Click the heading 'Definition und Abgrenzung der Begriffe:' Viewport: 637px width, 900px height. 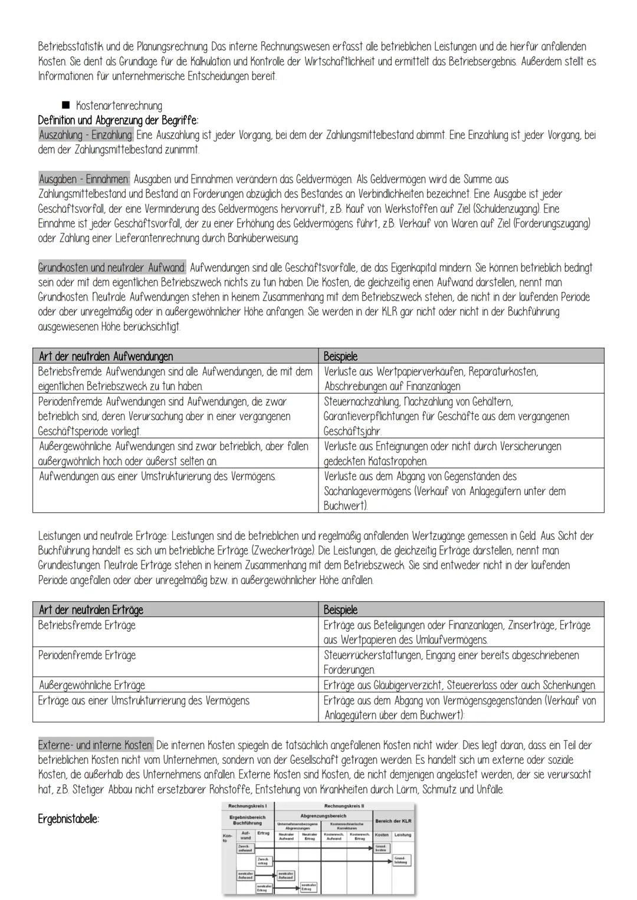tap(118, 120)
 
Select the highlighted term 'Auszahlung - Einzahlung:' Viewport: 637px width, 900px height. tap(86, 135)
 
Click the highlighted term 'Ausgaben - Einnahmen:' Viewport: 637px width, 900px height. tap(84, 179)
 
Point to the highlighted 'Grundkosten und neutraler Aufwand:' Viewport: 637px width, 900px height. tap(112, 268)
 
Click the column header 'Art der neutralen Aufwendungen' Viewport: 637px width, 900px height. tap(106, 356)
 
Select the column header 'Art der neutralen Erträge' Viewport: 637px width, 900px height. tap(91, 609)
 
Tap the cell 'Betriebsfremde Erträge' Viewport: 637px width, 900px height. tap(87, 625)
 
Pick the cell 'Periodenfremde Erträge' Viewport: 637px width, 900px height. tap(87, 655)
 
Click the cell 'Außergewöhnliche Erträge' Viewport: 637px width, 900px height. tap(91, 685)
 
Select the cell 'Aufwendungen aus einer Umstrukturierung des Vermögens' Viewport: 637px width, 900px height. tap(157, 476)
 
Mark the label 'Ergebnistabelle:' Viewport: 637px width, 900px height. tap(68, 819)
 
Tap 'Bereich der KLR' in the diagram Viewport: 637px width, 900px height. tap(393, 821)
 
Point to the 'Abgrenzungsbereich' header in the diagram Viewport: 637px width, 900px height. tap(323, 816)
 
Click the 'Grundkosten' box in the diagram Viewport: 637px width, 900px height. tap(381, 848)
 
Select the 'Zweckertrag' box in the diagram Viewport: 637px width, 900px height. tap(264, 861)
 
